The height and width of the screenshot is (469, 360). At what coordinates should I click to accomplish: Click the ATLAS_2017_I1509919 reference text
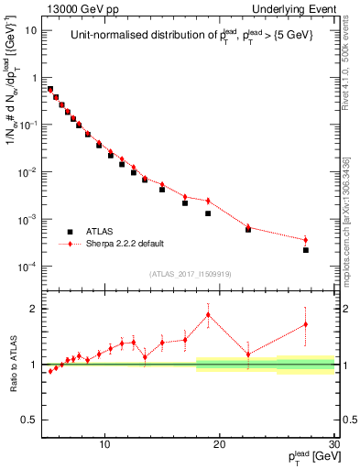190,274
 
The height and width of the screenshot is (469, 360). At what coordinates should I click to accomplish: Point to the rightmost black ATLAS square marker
306,250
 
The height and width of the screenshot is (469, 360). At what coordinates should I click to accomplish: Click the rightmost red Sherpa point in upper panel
306,240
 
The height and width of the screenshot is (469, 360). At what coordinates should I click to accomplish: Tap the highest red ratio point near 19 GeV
208,315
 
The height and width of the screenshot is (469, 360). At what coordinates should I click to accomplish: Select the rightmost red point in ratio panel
306,324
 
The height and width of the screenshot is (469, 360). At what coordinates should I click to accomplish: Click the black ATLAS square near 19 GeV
208,213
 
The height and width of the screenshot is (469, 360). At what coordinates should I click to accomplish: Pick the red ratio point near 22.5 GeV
248,354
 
